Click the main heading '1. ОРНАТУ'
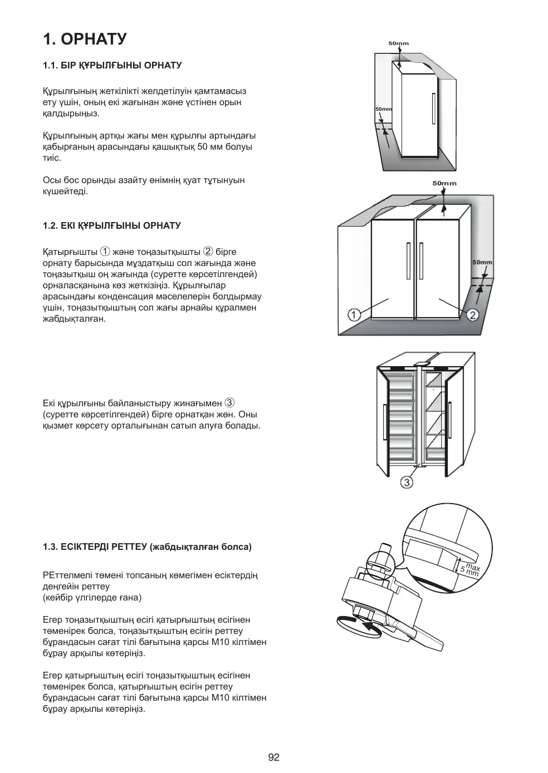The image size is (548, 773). [85, 39]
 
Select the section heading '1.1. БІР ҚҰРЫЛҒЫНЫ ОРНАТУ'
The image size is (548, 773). [112, 66]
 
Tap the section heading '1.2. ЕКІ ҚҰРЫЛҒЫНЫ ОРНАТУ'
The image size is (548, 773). [112, 226]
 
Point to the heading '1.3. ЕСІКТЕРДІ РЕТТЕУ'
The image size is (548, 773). [147, 547]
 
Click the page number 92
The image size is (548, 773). [273, 757]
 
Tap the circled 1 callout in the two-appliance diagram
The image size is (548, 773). [354, 316]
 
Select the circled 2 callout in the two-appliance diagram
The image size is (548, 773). [472, 316]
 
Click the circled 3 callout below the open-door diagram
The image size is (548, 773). [407, 482]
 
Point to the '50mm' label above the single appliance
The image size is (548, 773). [398, 43]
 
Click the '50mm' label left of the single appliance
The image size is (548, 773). [384, 109]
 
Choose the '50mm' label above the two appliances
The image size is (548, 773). [444, 183]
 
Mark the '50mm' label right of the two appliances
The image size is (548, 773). [482, 262]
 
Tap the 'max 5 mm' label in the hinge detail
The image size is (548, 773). [468, 568]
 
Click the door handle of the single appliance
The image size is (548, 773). [433, 109]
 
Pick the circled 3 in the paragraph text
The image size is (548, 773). [229, 402]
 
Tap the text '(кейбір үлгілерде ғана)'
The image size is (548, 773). [92, 598]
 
